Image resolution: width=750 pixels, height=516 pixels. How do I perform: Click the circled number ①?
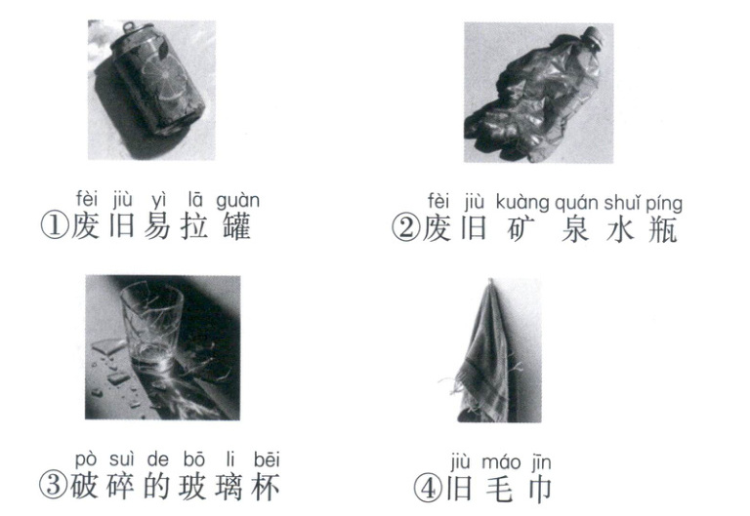pos(54,225)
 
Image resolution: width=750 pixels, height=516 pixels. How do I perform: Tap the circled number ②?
pos(405,227)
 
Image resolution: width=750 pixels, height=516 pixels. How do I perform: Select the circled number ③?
pos(53,485)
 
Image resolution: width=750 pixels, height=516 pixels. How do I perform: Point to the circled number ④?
pos(428,489)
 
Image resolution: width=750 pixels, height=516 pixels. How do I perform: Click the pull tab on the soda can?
pos(128,27)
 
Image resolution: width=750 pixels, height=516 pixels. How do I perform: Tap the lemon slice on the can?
pos(163,81)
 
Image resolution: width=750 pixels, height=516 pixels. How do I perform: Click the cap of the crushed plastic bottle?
pos(594,37)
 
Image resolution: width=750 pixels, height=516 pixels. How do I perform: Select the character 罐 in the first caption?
pos(236,226)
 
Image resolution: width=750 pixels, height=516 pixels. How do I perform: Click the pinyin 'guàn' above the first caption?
pos(237,201)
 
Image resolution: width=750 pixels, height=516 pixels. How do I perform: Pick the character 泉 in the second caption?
pos(575,228)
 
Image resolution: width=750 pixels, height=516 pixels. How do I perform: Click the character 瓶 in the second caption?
pos(663,229)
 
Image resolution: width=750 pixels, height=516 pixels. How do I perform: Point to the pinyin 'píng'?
pos(664,204)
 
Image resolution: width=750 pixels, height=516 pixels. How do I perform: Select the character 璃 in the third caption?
pos(229,486)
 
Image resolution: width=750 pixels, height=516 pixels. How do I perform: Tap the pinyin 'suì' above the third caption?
pos(122,459)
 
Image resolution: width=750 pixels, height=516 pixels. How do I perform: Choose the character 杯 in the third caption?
pos(265,486)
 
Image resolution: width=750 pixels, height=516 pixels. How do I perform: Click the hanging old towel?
pos(484,353)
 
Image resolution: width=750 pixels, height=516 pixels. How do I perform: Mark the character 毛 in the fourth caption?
pos(498,490)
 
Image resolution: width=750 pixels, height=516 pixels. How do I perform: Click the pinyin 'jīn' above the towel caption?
pos(541,462)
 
